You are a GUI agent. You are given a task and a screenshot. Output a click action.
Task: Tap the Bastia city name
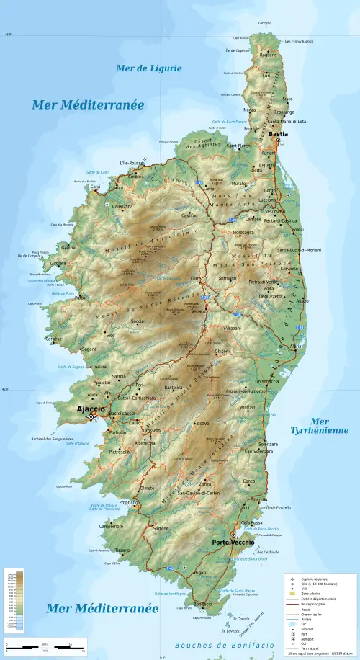coord(278,134)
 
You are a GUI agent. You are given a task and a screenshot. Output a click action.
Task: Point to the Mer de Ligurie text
coord(149,68)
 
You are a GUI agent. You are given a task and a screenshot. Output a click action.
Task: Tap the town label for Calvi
coord(95,187)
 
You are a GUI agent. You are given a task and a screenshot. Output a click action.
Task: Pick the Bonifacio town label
coord(202,604)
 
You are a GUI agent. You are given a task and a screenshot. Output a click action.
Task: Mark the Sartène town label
coord(161,528)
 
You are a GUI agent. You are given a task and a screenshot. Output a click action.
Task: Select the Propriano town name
coord(129,501)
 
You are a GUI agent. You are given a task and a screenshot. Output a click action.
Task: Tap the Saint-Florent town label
coord(239,146)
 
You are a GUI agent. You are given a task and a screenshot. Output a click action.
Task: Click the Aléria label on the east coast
coord(295,347)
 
